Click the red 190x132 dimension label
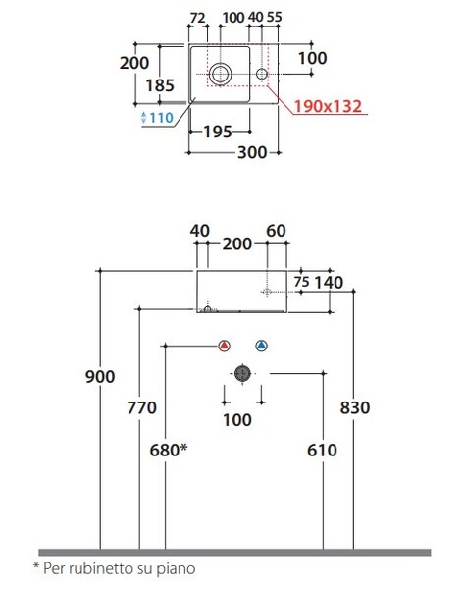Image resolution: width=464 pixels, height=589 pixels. (x=328, y=106)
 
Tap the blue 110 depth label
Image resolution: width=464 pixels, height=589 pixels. (x=162, y=118)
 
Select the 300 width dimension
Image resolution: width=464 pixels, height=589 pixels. (x=252, y=152)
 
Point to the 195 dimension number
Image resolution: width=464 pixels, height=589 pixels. (x=218, y=132)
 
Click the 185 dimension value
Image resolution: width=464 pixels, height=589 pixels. (x=160, y=85)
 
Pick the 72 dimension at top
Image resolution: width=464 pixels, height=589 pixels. (x=198, y=18)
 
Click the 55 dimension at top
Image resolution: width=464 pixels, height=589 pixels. (x=274, y=17)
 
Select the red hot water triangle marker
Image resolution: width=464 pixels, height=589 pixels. (x=224, y=346)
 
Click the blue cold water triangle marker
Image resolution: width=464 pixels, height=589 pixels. (x=261, y=346)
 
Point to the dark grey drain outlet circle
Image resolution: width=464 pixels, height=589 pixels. (x=242, y=373)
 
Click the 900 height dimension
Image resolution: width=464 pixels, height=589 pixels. (x=100, y=376)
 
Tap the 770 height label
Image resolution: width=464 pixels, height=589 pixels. (x=141, y=407)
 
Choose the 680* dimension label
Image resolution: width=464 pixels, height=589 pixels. (x=169, y=450)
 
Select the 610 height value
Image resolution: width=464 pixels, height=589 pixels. (x=322, y=450)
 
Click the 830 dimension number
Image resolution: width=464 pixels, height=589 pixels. (x=355, y=407)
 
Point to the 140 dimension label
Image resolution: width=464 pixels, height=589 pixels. (x=329, y=283)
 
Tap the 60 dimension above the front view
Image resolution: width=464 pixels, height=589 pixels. (x=277, y=231)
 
